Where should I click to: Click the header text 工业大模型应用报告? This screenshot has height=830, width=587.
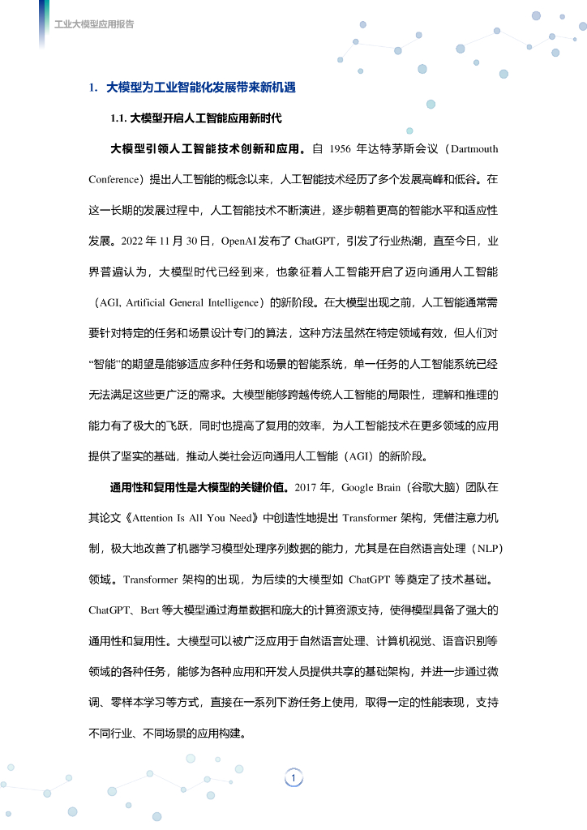click(x=94, y=24)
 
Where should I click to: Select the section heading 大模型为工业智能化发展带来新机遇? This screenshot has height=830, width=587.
click(x=200, y=88)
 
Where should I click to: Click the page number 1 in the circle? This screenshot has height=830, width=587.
click(x=293, y=778)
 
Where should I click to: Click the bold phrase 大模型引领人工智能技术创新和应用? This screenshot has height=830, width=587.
click(x=207, y=149)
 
